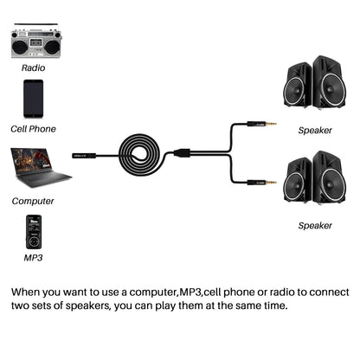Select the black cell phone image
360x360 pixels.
[33, 98]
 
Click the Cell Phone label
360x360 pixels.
[35, 129]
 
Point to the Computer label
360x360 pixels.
[33, 201]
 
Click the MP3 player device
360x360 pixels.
[32, 231]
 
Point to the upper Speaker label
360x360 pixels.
[315, 131]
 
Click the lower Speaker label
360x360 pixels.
[315, 225]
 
